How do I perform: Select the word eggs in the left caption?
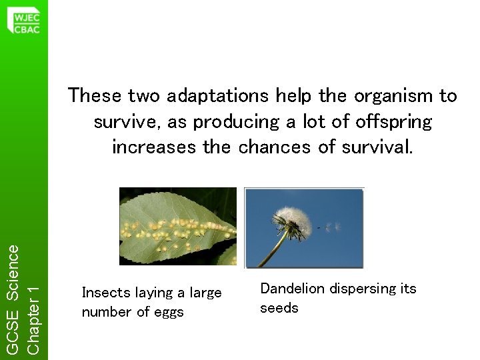[x=168, y=312]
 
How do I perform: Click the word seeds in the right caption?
[x=279, y=308]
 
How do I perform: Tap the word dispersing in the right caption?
[x=363, y=289]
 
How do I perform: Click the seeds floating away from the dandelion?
[x=331, y=228]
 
